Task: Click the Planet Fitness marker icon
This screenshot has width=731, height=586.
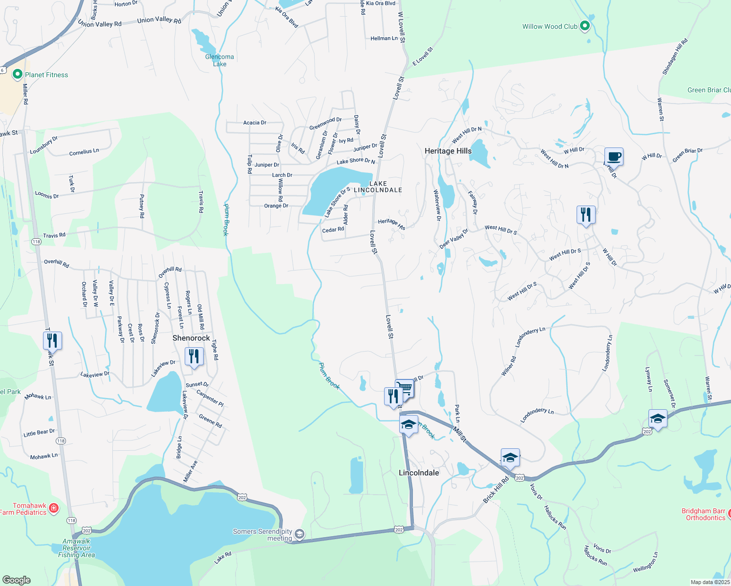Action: (x=18, y=74)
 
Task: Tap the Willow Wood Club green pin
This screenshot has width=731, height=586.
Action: (x=584, y=26)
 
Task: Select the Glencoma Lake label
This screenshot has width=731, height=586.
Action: (x=219, y=60)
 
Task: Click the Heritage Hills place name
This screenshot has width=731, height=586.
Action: (x=448, y=151)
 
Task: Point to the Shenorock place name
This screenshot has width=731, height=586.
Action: (x=191, y=338)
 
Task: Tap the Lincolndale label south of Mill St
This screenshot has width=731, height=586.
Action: (x=419, y=473)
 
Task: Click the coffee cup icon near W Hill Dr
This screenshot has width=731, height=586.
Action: (x=614, y=157)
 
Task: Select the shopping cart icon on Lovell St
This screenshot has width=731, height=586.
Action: (x=405, y=389)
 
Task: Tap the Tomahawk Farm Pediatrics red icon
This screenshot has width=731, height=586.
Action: (x=54, y=508)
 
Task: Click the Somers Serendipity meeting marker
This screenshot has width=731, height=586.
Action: (x=299, y=534)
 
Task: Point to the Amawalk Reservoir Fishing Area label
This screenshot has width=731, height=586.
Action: (x=76, y=548)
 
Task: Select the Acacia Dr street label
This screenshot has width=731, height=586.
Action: (x=255, y=123)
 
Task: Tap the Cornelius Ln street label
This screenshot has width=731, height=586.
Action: (x=84, y=152)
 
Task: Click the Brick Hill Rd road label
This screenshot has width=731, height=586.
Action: (x=495, y=490)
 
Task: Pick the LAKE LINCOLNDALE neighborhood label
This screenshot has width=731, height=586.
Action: (x=378, y=187)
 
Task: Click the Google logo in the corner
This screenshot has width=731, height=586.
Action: (x=17, y=580)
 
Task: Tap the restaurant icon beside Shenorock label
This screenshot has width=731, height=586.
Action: (x=194, y=356)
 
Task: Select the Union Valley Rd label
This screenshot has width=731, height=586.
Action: (x=159, y=20)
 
